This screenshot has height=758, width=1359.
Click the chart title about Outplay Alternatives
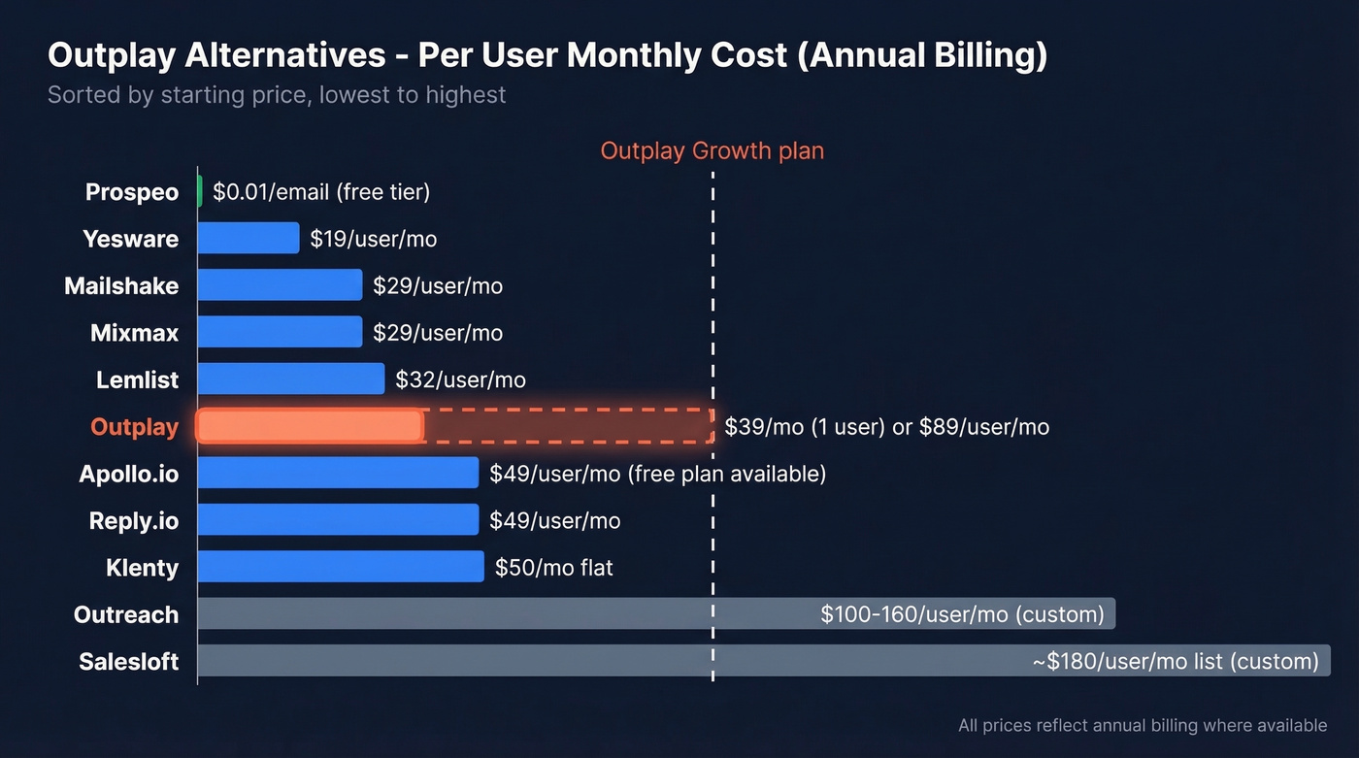(x=547, y=56)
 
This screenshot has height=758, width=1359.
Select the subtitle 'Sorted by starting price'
(x=277, y=95)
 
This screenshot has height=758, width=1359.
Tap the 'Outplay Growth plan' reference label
(x=712, y=151)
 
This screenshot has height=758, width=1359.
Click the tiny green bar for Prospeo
(x=200, y=191)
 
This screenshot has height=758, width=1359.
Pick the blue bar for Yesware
(x=249, y=238)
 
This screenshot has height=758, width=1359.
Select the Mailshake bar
(x=280, y=284)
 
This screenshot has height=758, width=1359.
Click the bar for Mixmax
(x=280, y=332)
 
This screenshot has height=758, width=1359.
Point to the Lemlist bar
(x=291, y=379)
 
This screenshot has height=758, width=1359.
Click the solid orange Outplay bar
(x=310, y=426)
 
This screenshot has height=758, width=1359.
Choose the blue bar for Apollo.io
(x=338, y=473)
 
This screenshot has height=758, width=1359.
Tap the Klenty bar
(x=341, y=567)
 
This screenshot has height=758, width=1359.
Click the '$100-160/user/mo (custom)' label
(x=962, y=614)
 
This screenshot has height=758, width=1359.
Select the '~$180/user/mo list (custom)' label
(x=1176, y=662)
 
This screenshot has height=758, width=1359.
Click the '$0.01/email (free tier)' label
(x=321, y=192)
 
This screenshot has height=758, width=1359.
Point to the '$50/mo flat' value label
(x=553, y=568)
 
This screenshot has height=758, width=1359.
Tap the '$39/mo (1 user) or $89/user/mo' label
(x=886, y=427)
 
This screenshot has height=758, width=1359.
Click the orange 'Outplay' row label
(x=134, y=427)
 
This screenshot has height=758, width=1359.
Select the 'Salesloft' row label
(x=128, y=662)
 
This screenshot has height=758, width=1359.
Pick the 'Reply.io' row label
(x=133, y=521)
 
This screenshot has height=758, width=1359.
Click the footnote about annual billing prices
(x=1142, y=725)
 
